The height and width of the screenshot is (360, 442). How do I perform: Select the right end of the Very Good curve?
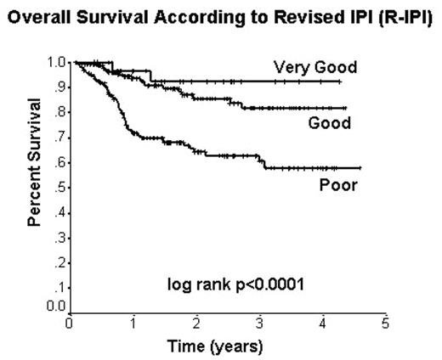pos(341,82)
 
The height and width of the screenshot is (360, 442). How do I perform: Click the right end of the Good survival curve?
pos(346,108)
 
